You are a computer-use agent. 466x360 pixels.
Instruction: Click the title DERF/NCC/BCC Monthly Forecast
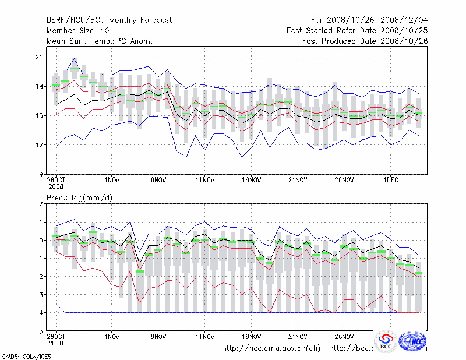(109, 20)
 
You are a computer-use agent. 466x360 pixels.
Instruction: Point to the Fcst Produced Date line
(365, 41)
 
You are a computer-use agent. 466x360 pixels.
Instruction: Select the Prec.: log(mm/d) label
(79, 199)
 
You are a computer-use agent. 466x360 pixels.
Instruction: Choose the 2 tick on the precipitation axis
(40, 204)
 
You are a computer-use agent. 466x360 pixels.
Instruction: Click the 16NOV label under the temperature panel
(251, 181)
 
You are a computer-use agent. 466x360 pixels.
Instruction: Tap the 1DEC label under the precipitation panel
(391, 336)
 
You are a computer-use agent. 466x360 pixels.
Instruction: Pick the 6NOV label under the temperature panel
(158, 181)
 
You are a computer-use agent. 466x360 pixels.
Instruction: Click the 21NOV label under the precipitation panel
(298, 336)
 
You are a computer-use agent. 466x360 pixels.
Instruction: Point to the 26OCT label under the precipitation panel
(56, 336)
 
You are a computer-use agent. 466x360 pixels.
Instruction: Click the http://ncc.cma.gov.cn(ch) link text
(271, 348)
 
